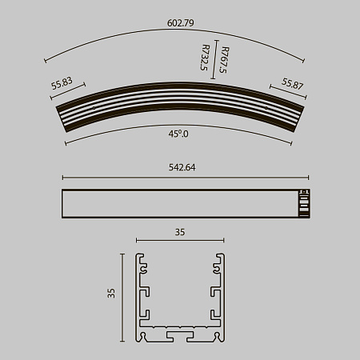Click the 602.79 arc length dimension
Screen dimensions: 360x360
tap(180, 23)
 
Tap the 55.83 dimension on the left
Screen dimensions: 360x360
tap(62, 82)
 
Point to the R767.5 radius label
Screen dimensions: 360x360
tap(222, 58)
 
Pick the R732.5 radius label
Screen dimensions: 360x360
tap(206, 58)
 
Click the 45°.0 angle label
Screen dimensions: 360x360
tap(178, 134)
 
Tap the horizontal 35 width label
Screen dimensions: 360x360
tap(180, 232)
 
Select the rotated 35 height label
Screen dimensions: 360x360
tap(111, 294)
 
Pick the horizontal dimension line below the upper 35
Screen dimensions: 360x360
tap(180, 240)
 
